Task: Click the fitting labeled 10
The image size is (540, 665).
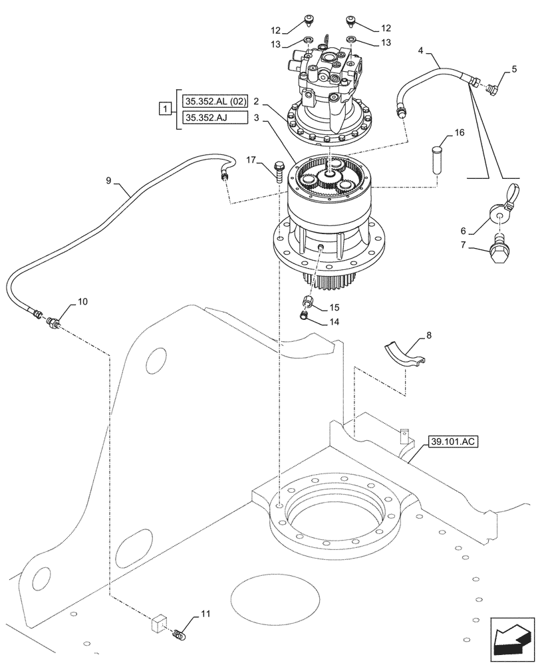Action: tap(53, 324)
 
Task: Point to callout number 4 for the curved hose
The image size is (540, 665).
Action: tap(422, 51)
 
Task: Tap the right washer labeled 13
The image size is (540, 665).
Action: tap(352, 42)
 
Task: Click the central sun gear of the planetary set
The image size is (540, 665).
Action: tap(327, 176)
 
